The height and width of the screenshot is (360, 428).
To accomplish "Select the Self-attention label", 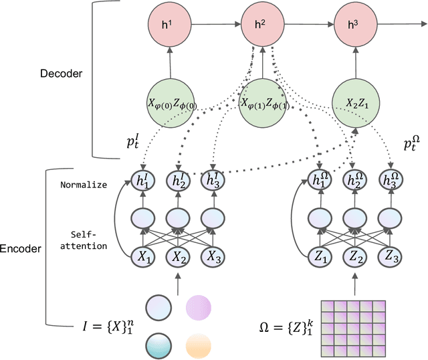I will [88, 240].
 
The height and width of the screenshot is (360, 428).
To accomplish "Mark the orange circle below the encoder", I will [199, 345].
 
